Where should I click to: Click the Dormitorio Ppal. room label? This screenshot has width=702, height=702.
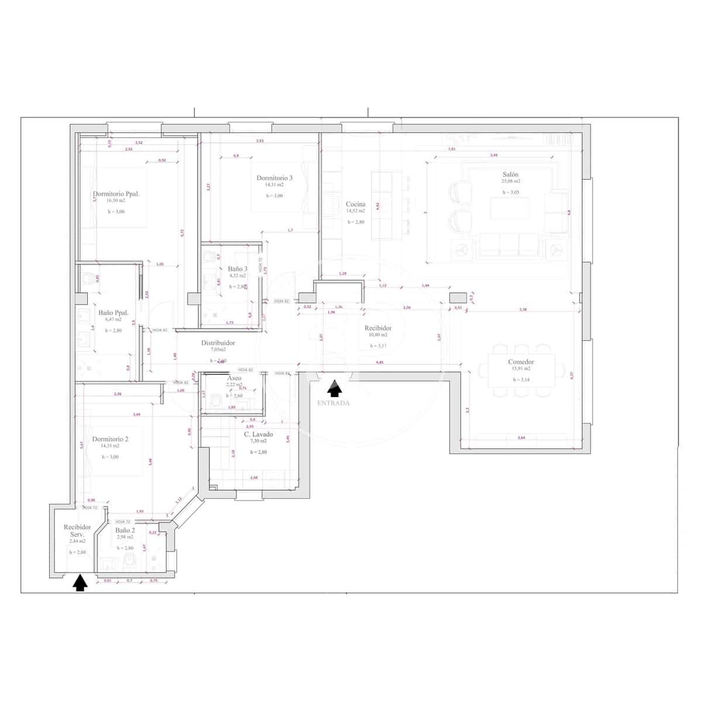(116, 194)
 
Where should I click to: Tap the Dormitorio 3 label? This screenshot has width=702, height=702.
(274, 178)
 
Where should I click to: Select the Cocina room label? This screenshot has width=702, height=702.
(355, 204)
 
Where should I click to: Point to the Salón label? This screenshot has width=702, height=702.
(510, 174)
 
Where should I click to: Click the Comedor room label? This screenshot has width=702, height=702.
(521, 362)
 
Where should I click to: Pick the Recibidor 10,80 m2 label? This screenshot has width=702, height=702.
(377, 328)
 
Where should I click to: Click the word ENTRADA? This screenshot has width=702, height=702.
(333, 403)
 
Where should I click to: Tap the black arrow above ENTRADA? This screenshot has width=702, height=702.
(334, 388)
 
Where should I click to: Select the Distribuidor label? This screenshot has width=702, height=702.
(218, 343)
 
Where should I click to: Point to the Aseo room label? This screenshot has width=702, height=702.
(234, 378)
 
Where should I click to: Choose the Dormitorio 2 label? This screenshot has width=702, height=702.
(110, 439)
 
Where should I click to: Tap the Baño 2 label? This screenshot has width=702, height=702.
(125, 530)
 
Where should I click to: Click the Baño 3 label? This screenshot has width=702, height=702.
(238, 269)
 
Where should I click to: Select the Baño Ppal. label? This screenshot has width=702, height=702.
(113, 312)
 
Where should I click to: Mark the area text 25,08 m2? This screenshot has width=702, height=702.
(510, 181)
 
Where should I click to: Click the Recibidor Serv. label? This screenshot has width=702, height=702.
(78, 531)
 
